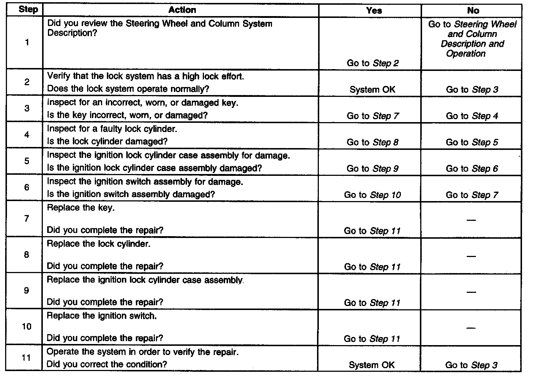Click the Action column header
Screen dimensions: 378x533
point(182,10)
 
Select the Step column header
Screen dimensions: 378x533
point(28,10)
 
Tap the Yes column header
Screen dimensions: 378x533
point(374,11)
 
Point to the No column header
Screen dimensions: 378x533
point(473,11)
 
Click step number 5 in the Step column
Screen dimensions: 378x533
point(27,161)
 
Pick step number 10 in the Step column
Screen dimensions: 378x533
point(27,326)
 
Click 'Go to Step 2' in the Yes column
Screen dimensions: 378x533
point(373,63)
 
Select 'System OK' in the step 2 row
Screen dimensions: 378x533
point(372,90)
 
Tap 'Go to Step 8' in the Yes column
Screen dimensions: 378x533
point(373,142)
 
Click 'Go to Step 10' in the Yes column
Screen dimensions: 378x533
point(372,195)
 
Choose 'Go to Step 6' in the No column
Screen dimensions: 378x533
point(472,169)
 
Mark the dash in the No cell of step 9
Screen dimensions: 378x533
point(471,292)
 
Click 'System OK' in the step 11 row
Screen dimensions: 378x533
point(372,365)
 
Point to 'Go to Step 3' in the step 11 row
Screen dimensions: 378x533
point(471,365)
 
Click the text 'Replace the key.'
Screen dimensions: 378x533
point(81,208)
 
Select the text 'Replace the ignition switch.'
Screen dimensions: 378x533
point(102,316)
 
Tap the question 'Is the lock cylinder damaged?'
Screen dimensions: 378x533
point(107,141)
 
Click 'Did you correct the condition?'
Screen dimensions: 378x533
point(107,364)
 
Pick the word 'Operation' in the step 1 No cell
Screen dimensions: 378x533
point(466,54)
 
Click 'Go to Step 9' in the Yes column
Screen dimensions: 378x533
point(373,169)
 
